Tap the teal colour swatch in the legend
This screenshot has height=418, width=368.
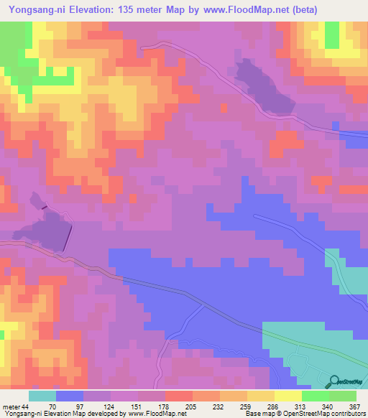(42, 396)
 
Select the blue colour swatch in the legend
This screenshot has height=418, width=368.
(70, 396)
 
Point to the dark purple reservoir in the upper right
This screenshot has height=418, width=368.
(264, 89)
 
